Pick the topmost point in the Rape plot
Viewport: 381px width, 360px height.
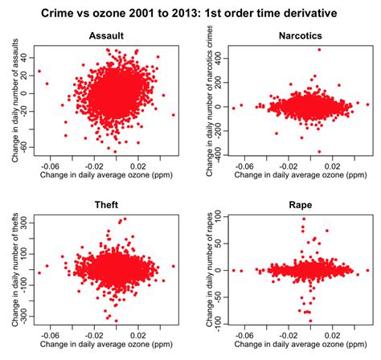(303, 219)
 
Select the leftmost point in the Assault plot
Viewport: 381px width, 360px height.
(39, 72)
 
